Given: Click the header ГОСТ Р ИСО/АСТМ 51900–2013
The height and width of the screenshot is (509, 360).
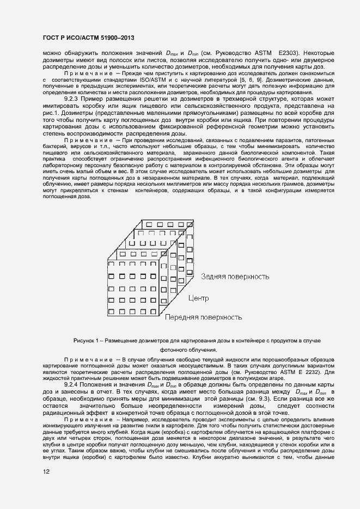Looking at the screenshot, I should tap(88, 38).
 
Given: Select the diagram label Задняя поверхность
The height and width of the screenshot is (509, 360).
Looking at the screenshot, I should tap(235, 277).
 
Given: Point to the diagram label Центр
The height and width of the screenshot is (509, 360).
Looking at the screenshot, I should tap(198, 298).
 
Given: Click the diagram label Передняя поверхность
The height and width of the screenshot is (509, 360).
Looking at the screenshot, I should tap(204, 316).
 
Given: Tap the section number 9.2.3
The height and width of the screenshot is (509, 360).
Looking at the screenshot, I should tap(73, 99).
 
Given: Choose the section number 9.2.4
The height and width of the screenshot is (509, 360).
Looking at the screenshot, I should tap(73, 385).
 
